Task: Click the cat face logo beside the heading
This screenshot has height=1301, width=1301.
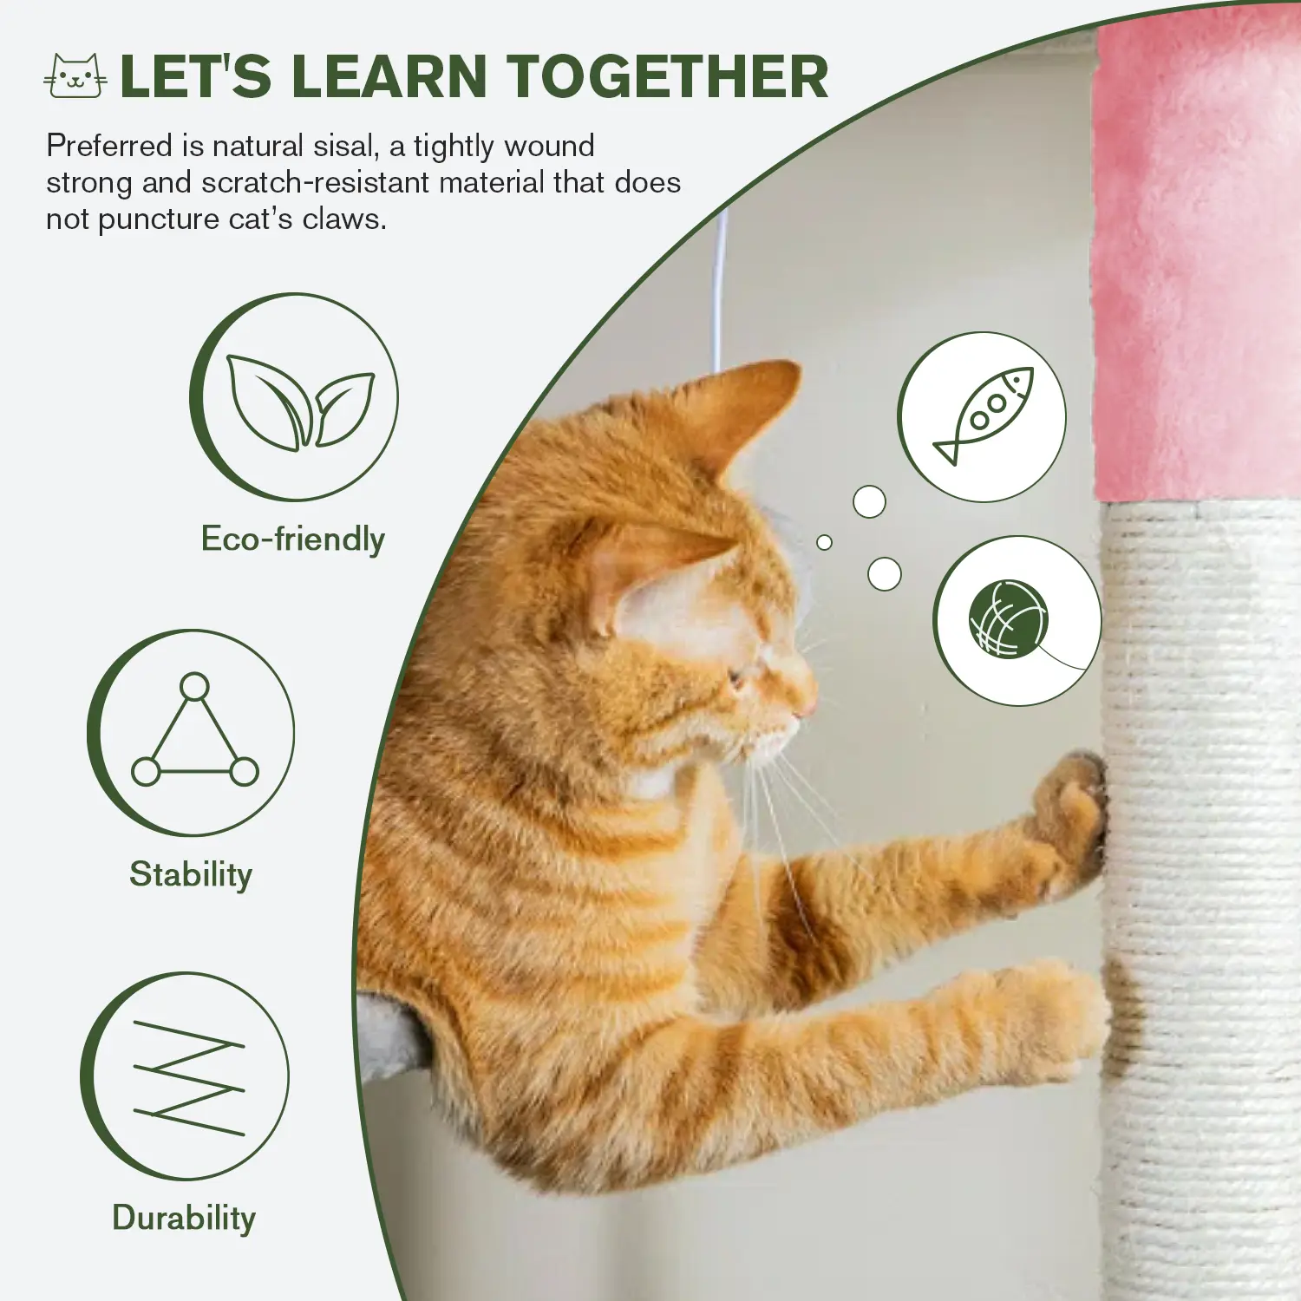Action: (75, 75)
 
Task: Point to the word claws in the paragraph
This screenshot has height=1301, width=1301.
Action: (343, 219)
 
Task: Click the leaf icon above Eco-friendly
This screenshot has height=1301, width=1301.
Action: (300, 402)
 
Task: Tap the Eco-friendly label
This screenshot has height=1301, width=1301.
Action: (293, 539)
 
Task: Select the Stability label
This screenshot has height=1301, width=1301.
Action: (191, 874)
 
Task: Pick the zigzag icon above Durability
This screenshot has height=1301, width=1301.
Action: (189, 1078)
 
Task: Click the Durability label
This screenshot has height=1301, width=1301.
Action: (184, 1218)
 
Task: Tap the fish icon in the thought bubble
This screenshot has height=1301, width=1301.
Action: (984, 415)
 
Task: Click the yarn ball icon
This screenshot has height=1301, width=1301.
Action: (1009, 618)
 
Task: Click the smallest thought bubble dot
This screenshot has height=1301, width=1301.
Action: (824, 542)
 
